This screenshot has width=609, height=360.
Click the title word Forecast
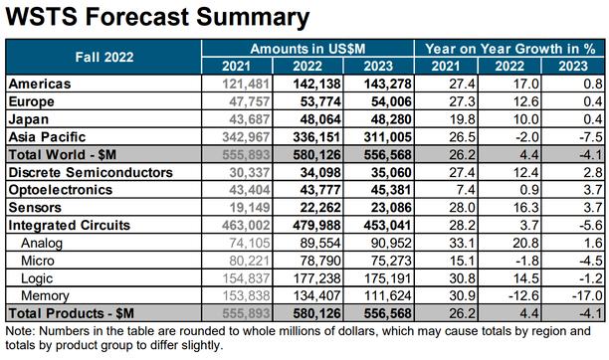point(137,17)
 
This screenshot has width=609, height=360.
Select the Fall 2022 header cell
point(104,57)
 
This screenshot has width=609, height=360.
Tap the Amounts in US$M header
point(307,49)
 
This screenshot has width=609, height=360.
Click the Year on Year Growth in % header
point(509,49)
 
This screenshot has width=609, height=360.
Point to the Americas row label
point(40,84)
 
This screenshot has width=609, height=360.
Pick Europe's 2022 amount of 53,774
point(320,101)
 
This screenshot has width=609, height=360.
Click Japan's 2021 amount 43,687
point(250,119)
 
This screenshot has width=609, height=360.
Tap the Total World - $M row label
point(62,154)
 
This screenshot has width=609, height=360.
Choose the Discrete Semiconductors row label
point(91,172)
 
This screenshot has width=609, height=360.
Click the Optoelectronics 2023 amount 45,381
point(391,190)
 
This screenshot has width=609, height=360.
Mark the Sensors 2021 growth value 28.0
point(462,208)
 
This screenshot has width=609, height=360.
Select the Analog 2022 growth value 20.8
point(525,243)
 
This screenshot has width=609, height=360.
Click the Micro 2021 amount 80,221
point(250,261)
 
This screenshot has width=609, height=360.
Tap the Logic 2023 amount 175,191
point(388,278)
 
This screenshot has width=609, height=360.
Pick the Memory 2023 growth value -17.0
point(587,296)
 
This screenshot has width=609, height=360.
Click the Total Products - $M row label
point(71,313)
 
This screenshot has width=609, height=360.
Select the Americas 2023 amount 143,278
point(388,84)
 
